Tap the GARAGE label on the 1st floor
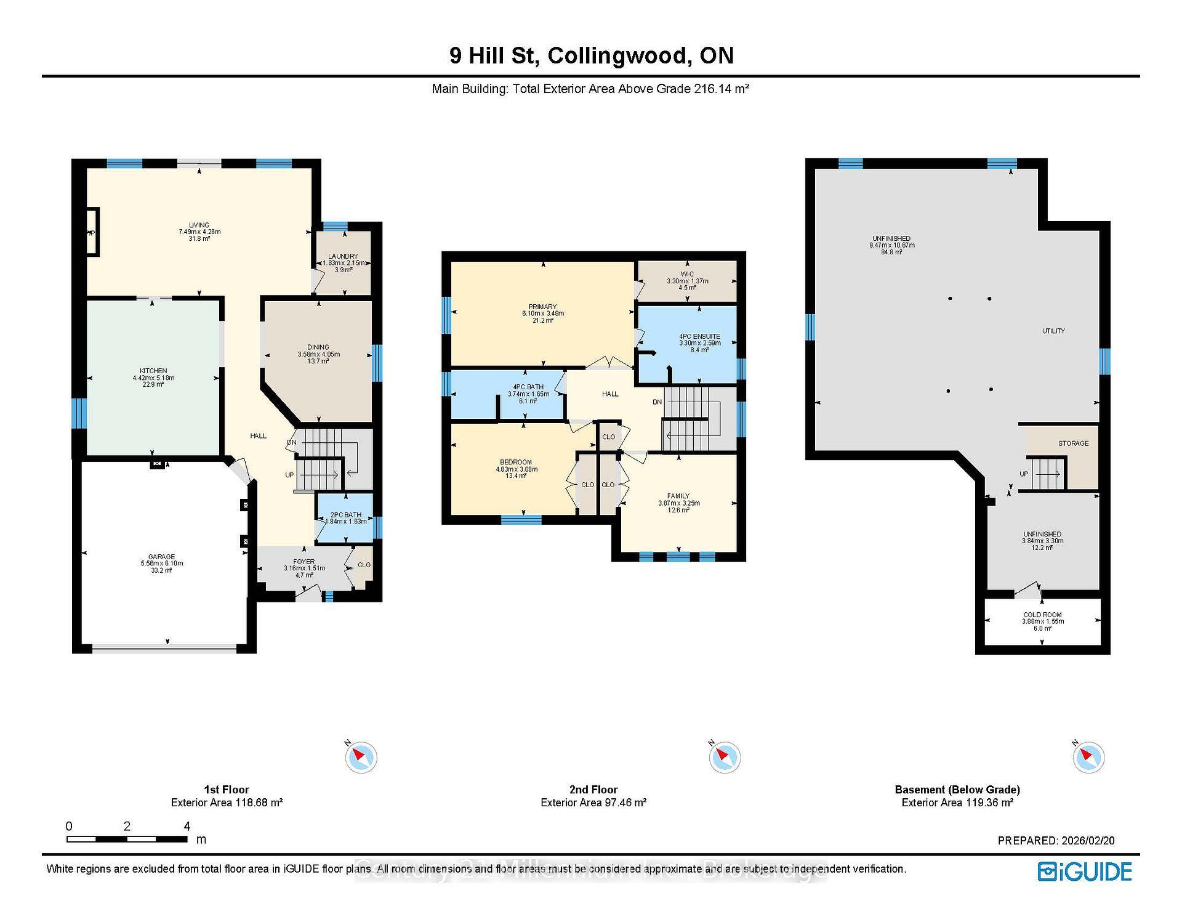[x=161, y=556]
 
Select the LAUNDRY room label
[x=343, y=256]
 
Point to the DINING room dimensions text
[x=318, y=354]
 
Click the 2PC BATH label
[x=346, y=515]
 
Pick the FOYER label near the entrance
[x=304, y=562]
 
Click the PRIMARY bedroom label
[x=542, y=307]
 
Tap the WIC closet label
[x=687, y=274]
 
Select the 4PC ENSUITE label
[x=699, y=336]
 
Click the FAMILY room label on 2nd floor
[x=678, y=496]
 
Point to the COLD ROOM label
[x=1042, y=615]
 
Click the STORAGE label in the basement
[x=1073, y=443]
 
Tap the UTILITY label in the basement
[x=1053, y=331]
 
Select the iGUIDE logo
[x=1085, y=872]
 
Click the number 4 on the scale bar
[x=187, y=827]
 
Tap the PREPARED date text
[x=1056, y=841]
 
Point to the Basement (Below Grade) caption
[x=957, y=790]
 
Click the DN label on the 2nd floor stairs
[x=657, y=402]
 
